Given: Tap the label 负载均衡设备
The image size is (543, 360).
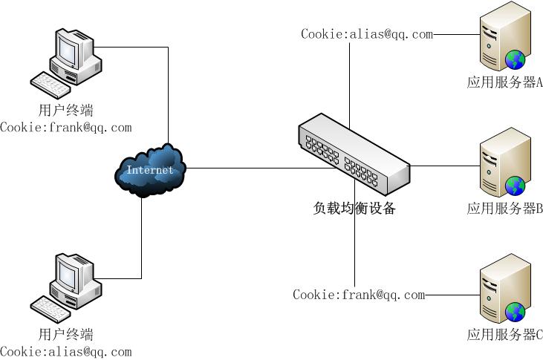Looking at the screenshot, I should tap(354, 209).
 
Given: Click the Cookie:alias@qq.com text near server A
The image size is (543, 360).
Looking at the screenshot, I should tap(366, 33).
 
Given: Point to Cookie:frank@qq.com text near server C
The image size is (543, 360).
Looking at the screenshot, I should tap(359, 295).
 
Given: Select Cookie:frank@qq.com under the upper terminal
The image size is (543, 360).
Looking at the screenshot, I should tap(65, 127).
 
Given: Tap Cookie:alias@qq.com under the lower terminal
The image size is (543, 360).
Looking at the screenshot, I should tap(65, 352).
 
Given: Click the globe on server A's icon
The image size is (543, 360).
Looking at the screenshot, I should tap(514, 59).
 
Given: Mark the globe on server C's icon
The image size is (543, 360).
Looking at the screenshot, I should tap(514, 311).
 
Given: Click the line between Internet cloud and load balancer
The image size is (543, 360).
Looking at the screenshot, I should tap(245, 168).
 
